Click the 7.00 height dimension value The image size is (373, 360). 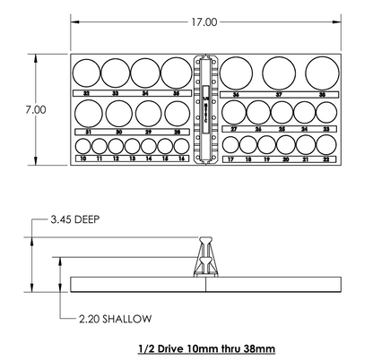(35, 109)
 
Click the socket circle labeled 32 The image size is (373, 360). (86, 73)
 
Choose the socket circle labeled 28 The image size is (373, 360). (175, 112)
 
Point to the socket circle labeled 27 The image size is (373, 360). (235, 112)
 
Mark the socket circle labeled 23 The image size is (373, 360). (325, 112)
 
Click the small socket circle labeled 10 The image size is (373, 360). (83, 146)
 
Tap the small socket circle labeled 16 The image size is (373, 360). (182, 146)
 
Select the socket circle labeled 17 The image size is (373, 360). (231, 146)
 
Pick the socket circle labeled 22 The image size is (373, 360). (325, 146)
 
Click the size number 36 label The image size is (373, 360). (235, 93)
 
